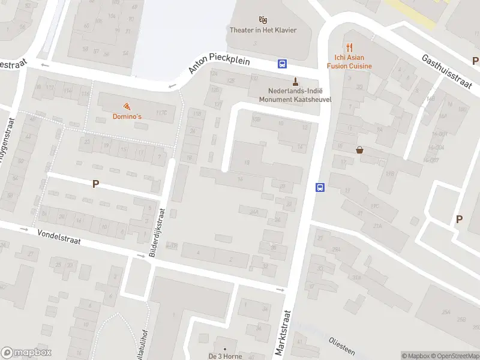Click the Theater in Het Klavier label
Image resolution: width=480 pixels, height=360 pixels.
(x=263, y=30)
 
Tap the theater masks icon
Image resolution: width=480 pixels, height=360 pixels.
(x=263, y=20)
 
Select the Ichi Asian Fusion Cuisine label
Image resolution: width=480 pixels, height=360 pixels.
(x=349, y=62)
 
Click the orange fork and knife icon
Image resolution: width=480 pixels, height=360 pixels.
(x=349, y=47)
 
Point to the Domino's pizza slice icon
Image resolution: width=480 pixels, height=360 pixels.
(x=127, y=106)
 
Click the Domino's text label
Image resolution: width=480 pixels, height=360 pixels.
(x=127, y=116)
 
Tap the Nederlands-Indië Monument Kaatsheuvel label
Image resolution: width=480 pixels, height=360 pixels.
(x=295, y=95)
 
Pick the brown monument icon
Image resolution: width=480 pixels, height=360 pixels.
(x=295, y=81)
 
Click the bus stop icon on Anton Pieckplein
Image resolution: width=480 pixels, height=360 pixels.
(x=281, y=64)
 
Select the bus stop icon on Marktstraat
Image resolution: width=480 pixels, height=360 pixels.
(x=320, y=187)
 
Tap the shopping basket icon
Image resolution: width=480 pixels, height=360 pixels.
(x=359, y=150)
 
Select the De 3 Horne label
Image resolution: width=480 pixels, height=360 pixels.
(x=225, y=356)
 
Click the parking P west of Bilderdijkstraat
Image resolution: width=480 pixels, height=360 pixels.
(x=95, y=184)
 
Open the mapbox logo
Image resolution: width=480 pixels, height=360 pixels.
(x=25, y=353)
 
